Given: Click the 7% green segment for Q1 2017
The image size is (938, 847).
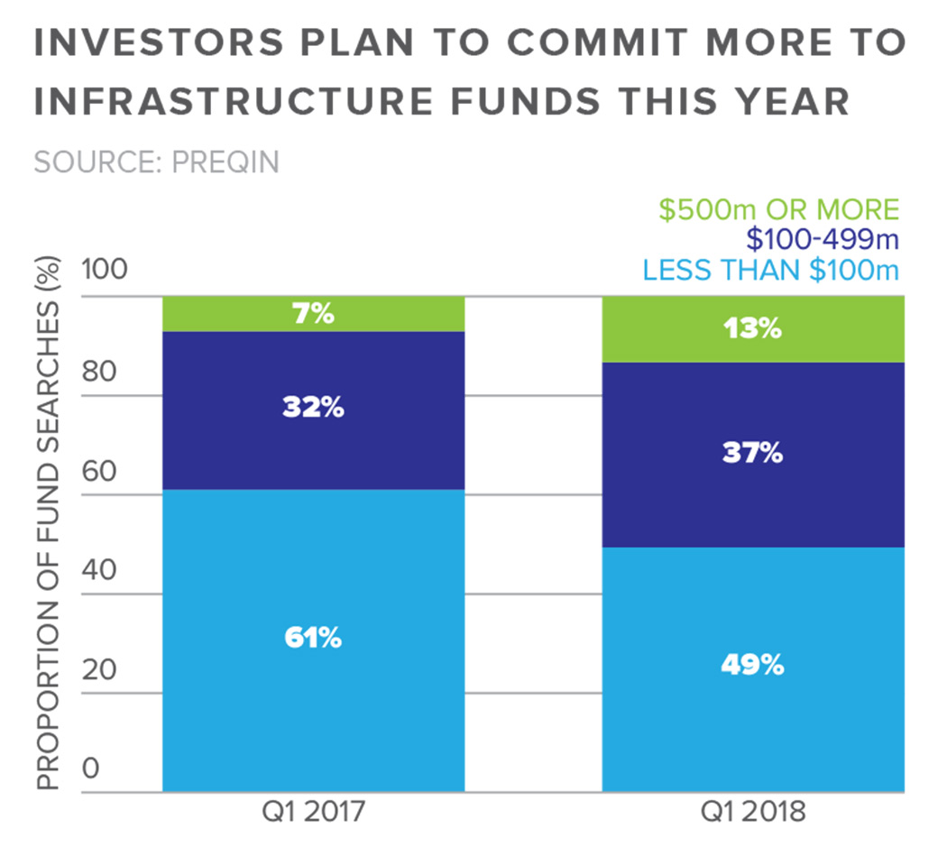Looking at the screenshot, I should tap(313, 314).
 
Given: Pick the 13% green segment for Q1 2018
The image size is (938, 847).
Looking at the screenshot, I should tap(752, 329).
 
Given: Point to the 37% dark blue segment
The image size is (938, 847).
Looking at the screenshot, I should tap(752, 454).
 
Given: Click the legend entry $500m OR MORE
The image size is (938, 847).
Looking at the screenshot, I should tap(778, 210).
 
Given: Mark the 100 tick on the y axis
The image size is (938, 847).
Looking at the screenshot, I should tap(105, 269).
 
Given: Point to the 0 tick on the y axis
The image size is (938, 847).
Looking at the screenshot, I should tap(91, 769).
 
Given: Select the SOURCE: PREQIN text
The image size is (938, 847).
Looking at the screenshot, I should tap(156, 162).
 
